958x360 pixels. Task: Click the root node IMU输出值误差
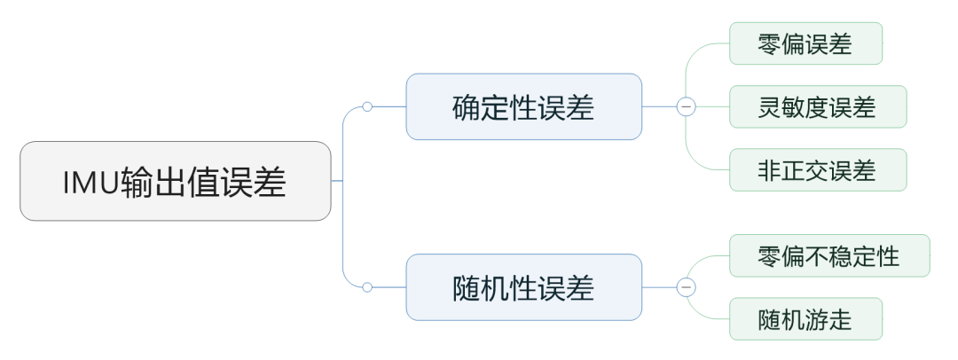[x=175, y=181]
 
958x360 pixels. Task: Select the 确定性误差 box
[x=523, y=106]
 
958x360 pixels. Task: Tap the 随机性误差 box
[x=523, y=287]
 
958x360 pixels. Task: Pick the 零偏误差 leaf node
[x=805, y=43]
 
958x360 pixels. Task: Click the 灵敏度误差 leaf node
[x=817, y=106]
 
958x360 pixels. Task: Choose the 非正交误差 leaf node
[x=817, y=169]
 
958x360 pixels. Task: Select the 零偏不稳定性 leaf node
[x=828, y=255]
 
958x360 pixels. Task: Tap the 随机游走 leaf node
[x=805, y=318]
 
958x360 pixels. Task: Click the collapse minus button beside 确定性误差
[x=686, y=106]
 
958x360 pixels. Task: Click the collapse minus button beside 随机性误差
[x=686, y=287]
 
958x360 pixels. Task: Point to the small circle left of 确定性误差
[x=367, y=106]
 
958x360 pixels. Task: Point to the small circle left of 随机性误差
[x=367, y=287]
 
